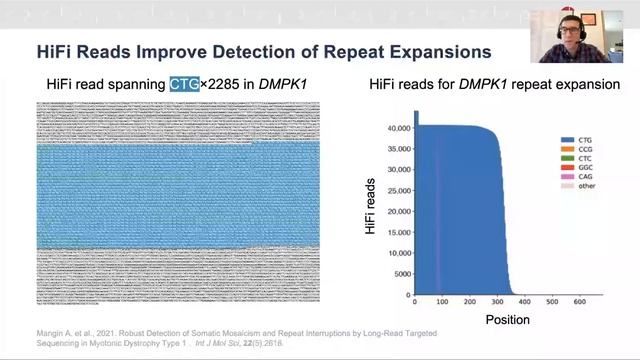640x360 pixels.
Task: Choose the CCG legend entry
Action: coord(574,154)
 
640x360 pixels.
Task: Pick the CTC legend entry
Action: coord(574,165)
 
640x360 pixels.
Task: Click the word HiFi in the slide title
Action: coord(57,50)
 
